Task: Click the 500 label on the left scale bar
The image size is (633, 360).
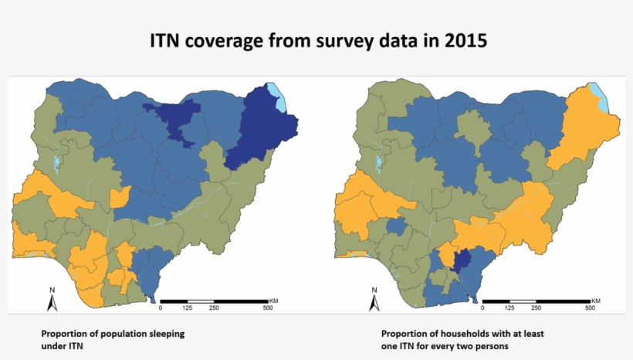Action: pos(267,307)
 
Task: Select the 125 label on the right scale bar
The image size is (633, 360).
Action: pos(509,307)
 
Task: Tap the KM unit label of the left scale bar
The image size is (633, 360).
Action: pos(274,299)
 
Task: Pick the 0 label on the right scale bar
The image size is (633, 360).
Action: pos(481,307)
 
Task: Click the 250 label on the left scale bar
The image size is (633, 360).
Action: pos(214,307)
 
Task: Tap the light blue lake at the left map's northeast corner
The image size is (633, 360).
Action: pos(279,97)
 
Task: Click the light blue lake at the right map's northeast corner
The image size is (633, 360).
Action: pos(601,97)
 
